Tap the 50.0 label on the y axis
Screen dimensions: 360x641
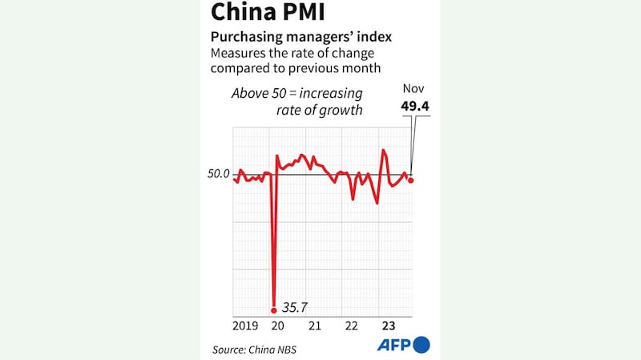click(219, 174)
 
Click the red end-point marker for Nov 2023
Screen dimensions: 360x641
click(411, 180)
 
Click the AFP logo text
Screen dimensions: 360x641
click(394, 345)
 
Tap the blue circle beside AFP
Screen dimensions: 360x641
click(422, 345)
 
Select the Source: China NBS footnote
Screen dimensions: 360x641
click(248, 350)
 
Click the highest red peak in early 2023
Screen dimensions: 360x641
click(384, 151)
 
